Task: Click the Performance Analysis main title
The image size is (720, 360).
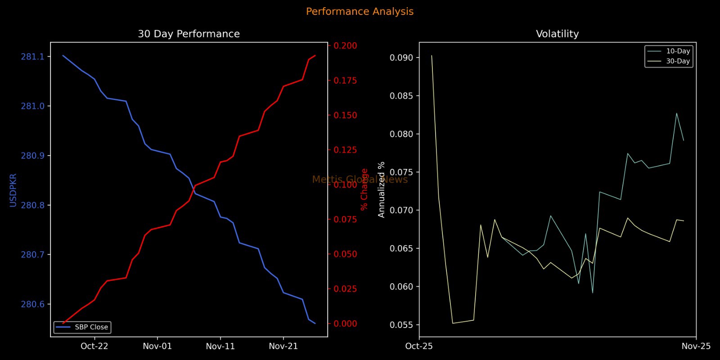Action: pos(360,12)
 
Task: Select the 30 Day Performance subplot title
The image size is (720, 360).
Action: pos(189,34)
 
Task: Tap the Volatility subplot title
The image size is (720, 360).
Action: pos(557,34)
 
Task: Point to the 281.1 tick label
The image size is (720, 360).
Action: pos(33,57)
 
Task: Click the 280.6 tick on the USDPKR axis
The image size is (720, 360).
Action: pos(33,305)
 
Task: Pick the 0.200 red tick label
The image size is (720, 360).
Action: pos(345,45)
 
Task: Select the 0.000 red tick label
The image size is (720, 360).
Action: pos(345,324)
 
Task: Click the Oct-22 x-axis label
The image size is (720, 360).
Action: pos(94,346)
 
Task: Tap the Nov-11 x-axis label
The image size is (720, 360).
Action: pos(220,346)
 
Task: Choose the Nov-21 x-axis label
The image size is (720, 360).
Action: pos(283,346)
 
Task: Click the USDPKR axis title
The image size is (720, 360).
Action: pos(13,190)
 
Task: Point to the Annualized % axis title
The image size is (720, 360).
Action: pos(382,189)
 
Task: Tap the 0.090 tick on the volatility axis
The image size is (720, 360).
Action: pos(401,58)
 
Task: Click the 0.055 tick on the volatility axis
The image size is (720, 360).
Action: pos(401,325)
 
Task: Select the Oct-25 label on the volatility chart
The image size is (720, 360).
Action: pos(419,346)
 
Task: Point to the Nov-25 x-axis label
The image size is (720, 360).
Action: pos(696,346)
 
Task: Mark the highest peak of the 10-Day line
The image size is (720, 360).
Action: pos(676,113)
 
